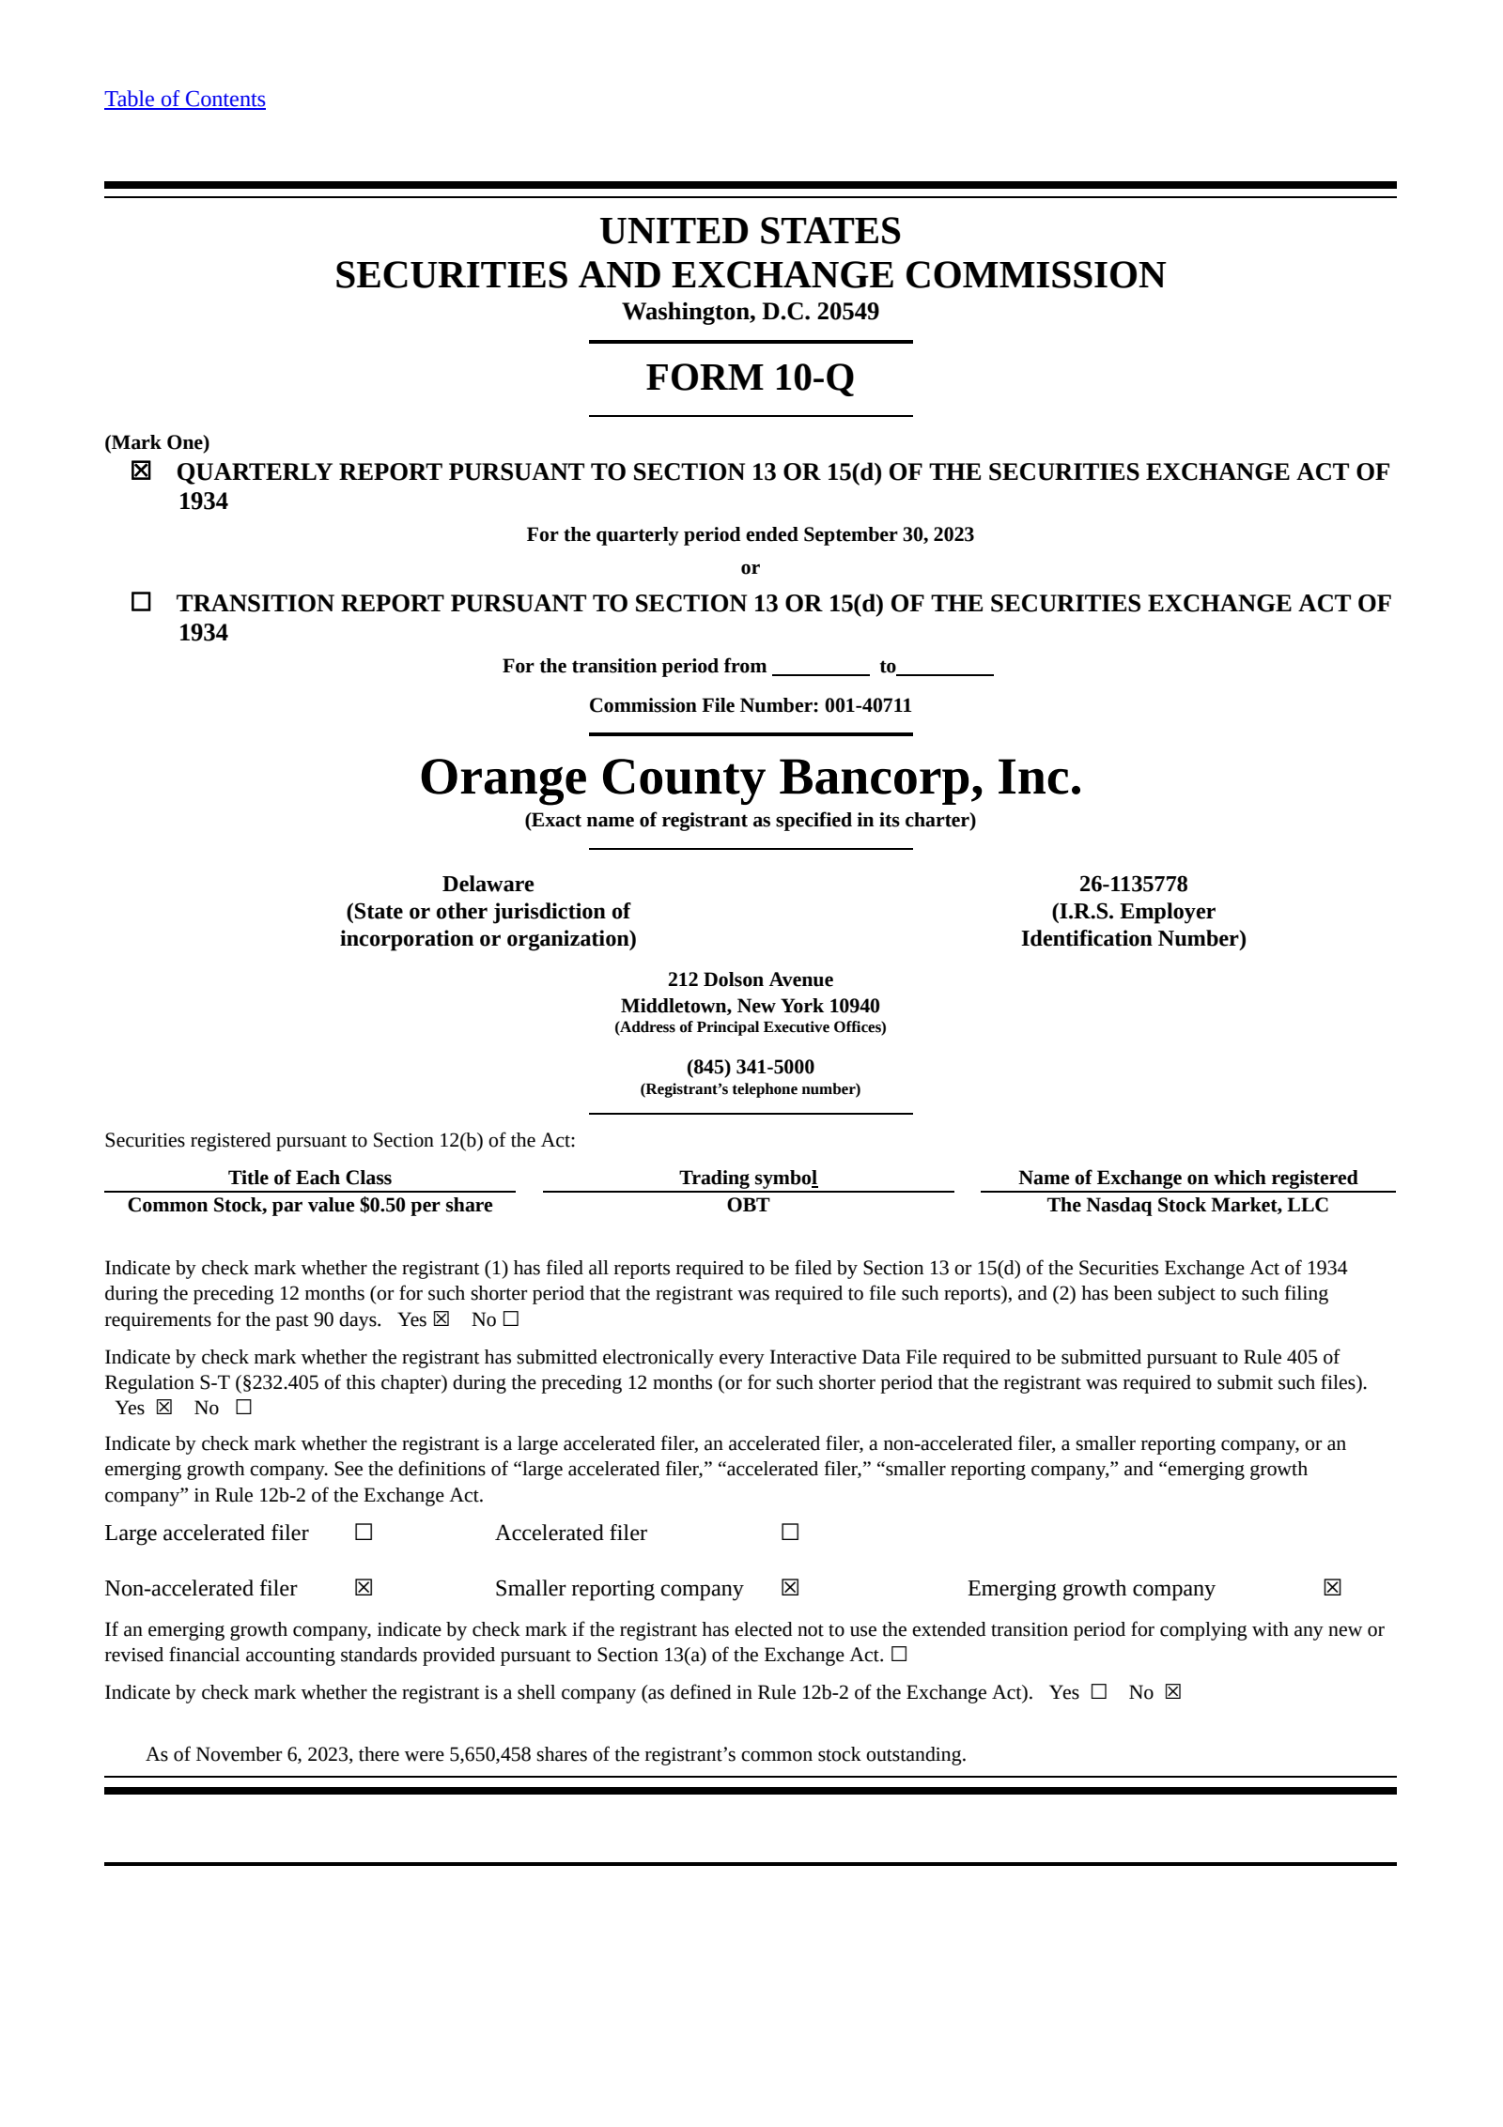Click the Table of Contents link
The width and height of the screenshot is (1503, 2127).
(x=185, y=100)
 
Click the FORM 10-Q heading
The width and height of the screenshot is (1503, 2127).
(x=750, y=378)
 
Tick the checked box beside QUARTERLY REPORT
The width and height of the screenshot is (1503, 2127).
(x=141, y=470)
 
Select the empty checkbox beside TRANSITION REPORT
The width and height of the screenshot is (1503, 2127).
(x=141, y=602)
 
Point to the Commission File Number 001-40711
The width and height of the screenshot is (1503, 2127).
(x=867, y=705)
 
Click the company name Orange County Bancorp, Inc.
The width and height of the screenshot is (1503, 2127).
(x=750, y=778)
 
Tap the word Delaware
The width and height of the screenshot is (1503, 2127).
(x=488, y=884)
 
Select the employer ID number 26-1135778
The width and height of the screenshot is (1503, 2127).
(x=1133, y=884)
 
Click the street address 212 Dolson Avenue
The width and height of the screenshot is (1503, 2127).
(x=750, y=979)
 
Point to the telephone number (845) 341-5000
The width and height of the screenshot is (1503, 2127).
(x=750, y=1067)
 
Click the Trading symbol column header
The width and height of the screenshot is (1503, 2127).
(x=748, y=1178)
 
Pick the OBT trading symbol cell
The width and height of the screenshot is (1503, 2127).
(x=748, y=1205)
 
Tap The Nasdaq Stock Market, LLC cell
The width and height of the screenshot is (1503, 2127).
(x=1187, y=1205)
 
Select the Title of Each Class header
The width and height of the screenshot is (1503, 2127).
(x=310, y=1178)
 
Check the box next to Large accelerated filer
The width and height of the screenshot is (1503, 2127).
(x=364, y=1533)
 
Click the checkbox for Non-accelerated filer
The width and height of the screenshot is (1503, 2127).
(x=364, y=1588)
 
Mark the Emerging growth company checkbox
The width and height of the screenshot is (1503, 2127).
(x=1332, y=1588)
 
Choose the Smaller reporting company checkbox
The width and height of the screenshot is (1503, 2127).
(x=790, y=1588)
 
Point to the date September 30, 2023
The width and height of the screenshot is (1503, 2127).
(x=888, y=534)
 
